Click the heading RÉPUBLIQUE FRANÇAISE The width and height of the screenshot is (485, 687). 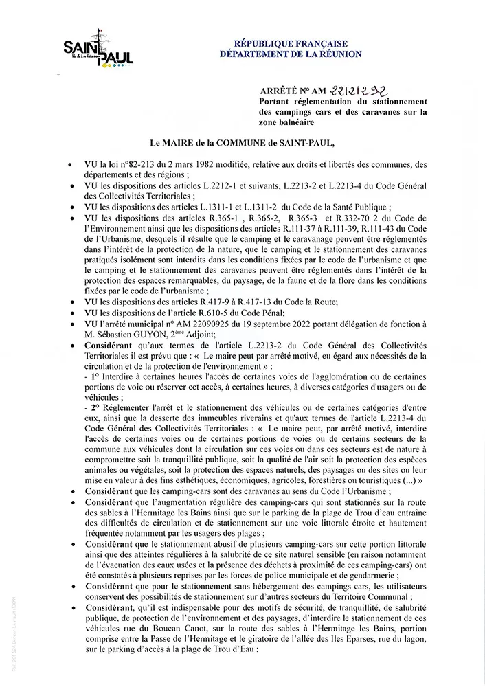click(x=291, y=43)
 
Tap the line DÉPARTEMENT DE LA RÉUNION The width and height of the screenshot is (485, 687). click(x=291, y=54)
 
